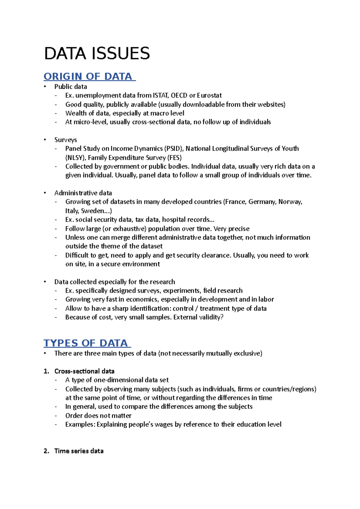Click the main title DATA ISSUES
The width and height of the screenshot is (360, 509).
click(97, 54)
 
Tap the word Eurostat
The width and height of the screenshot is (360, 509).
click(209, 95)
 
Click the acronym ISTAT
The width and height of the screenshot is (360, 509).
click(161, 95)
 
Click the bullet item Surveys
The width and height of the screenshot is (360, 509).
click(65, 140)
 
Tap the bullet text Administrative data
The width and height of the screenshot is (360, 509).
click(83, 193)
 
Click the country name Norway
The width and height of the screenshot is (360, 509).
click(290, 202)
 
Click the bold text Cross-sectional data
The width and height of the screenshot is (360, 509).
click(84, 371)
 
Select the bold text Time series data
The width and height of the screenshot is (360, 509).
click(79, 451)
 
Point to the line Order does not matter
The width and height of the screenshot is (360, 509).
click(98, 416)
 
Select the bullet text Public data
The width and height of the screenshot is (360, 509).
click(70, 87)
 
